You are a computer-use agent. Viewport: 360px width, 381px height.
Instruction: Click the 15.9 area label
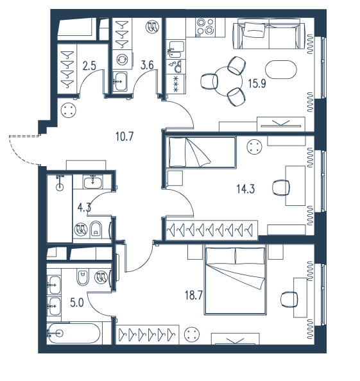pyautogui.click(x=257, y=83)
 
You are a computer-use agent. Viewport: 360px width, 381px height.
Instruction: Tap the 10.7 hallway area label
pyautogui.click(x=124, y=137)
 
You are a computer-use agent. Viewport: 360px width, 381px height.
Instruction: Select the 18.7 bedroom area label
pyautogui.click(x=194, y=296)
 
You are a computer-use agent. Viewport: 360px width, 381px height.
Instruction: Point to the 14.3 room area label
pyautogui.click(x=246, y=189)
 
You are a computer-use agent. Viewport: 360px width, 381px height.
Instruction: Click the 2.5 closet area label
pyautogui.click(x=89, y=66)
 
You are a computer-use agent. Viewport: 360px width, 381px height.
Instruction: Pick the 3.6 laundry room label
pyautogui.click(x=147, y=65)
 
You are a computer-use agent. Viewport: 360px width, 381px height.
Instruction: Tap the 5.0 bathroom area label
pyautogui.click(x=77, y=303)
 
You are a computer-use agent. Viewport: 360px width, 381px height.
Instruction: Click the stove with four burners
pyautogui.click(x=205, y=28)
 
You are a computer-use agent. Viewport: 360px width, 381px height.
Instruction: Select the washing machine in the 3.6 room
pyautogui.click(x=123, y=60)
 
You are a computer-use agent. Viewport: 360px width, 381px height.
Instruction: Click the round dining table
pyautogui.click(x=228, y=81)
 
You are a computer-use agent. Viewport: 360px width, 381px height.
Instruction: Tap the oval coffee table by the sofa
pyautogui.click(x=281, y=69)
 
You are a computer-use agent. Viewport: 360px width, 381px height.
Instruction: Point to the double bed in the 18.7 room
pyautogui.click(x=236, y=280)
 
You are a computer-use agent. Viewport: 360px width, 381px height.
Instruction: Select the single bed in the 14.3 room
pyautogui.click(x=201, y=153)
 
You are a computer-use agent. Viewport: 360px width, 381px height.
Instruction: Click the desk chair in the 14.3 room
pyautogui.click(x=281, y=188)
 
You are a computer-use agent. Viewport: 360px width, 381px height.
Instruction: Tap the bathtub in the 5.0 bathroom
pyautogui.click(x=74, y=334)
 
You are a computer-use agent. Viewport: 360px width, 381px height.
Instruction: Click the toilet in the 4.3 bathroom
pyautogui.click(x=96, y=230)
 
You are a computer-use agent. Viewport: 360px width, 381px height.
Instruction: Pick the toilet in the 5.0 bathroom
pyautogui.click(x=83, y=277)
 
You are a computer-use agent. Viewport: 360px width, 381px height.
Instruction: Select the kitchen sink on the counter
pyautogui.click(x=176, y=49)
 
